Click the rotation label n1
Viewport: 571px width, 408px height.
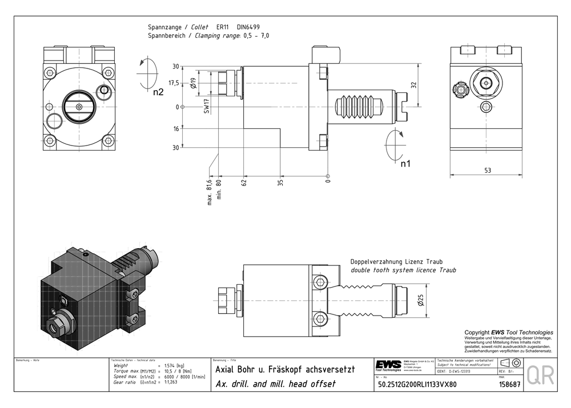click(406, 164)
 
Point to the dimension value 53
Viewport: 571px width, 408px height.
click(487, 170)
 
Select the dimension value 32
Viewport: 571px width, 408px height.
click(413, 85)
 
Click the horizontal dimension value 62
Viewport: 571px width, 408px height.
click(244, 184)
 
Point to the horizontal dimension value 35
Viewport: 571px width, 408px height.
click(280, 184)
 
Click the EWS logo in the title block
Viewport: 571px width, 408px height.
click(388, 365)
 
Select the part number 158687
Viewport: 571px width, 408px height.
click(509, 384)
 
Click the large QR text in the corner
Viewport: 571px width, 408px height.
click(540, 375)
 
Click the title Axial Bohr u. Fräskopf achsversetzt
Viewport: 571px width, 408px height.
click(285, 369)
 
